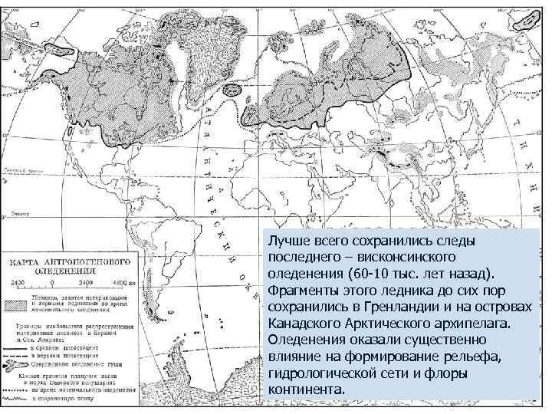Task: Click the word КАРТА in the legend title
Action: [26, 261]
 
